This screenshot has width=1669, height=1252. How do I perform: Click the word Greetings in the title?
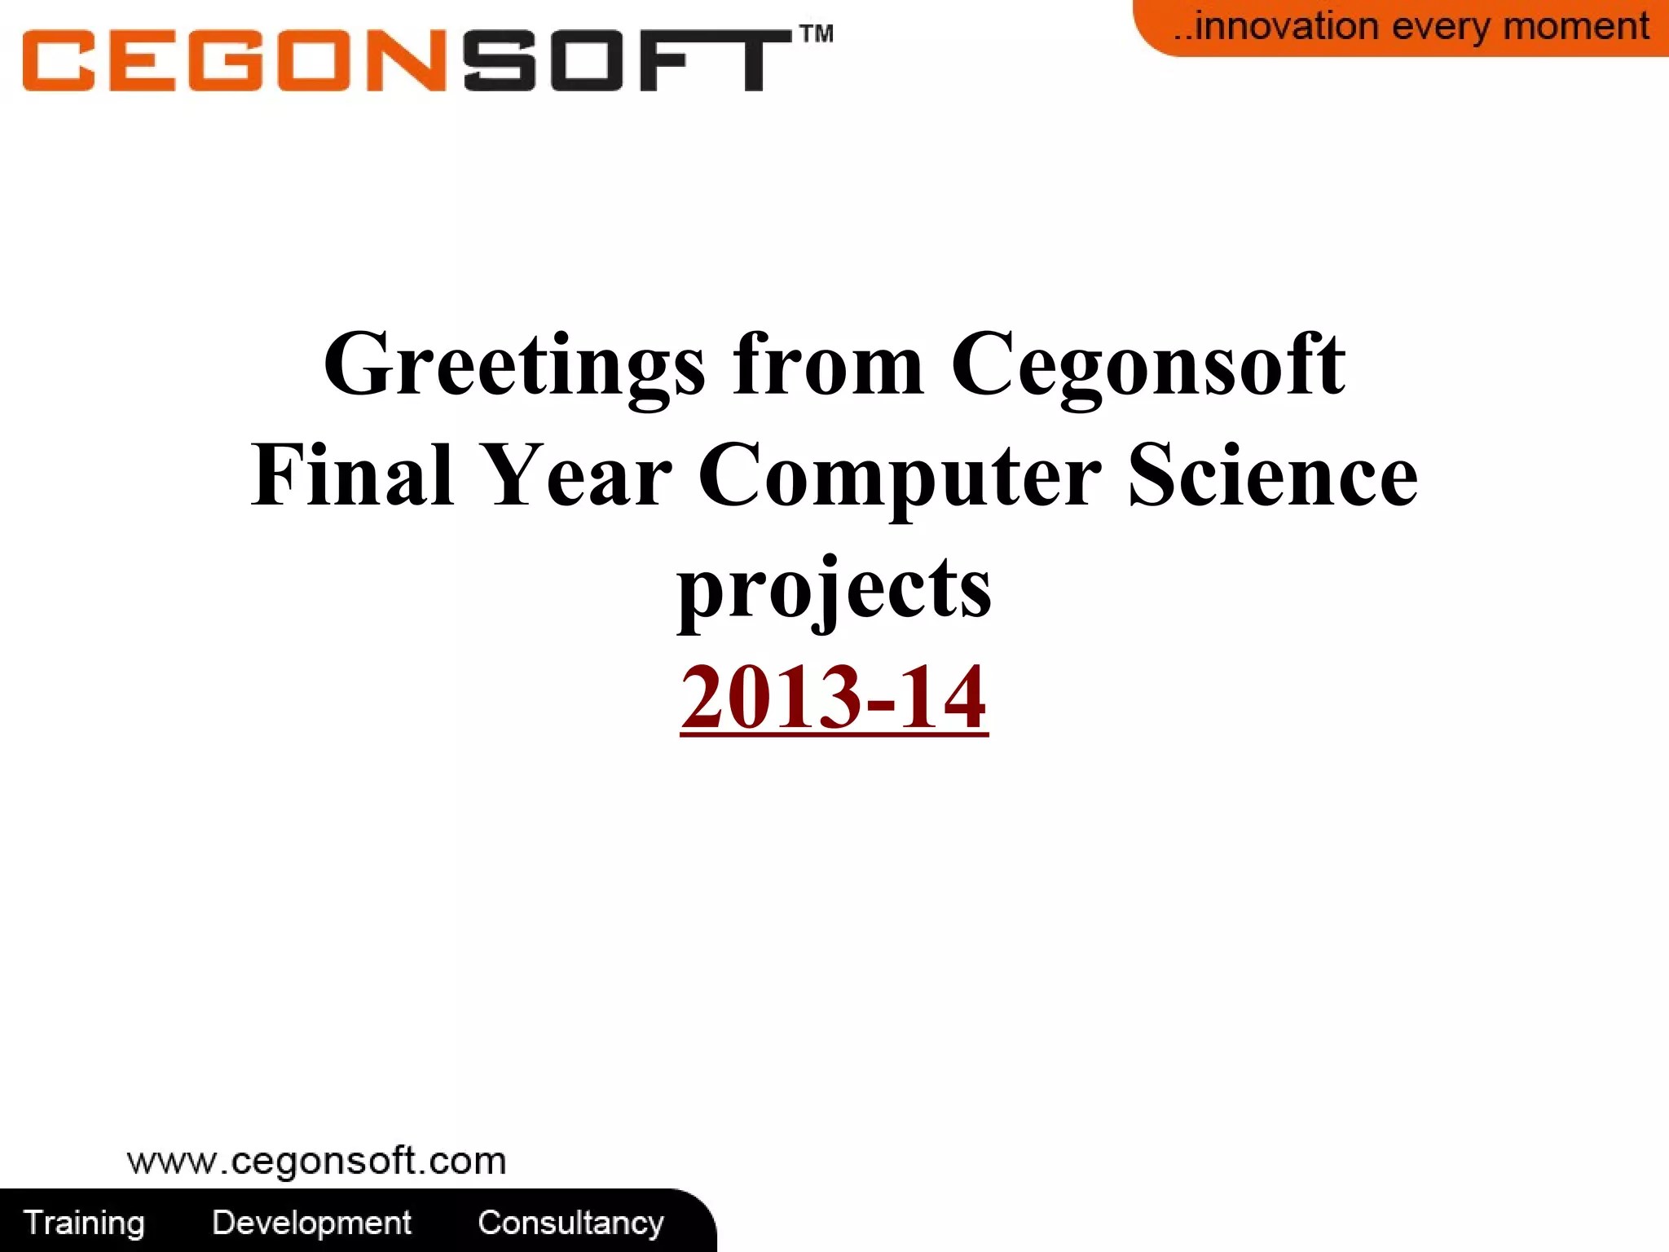513,364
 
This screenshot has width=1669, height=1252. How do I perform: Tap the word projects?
834,589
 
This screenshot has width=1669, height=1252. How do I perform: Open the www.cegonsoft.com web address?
316,1161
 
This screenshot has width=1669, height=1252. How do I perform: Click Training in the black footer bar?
84,1223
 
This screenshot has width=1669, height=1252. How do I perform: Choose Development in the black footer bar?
311,1223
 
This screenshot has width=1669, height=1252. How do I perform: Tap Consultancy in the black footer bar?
570,1223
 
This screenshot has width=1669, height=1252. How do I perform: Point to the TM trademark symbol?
816,33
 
